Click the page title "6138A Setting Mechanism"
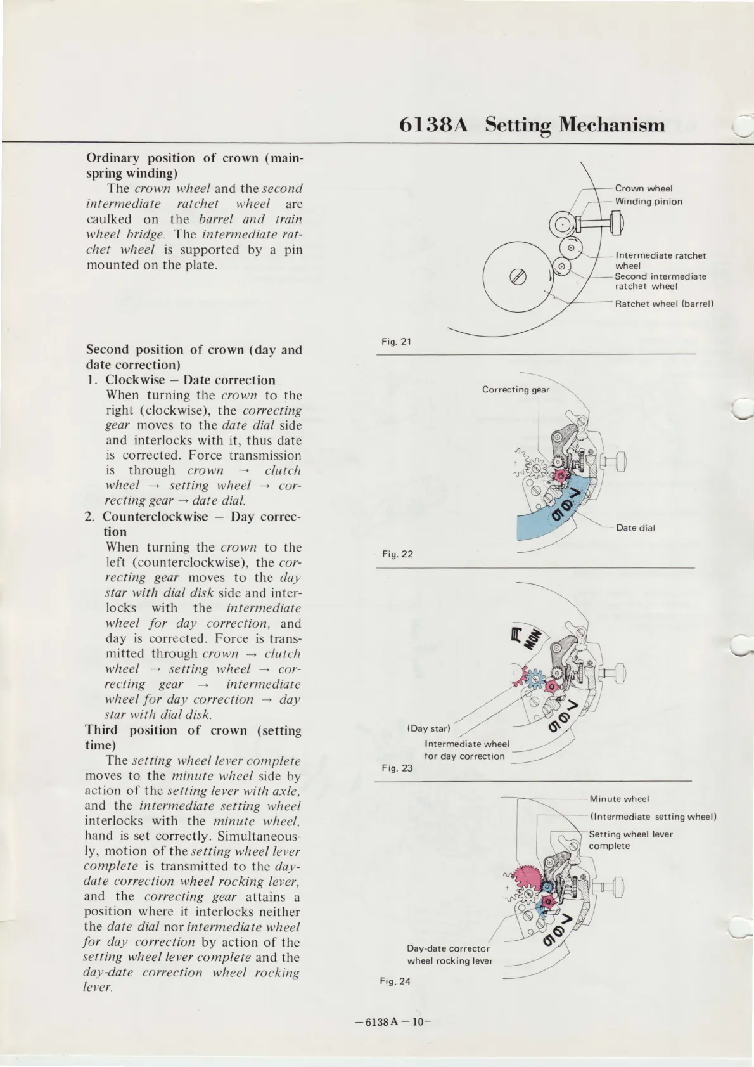[x=532, y=125]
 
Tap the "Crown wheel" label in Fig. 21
[x=644, y=188]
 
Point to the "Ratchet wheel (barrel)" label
[x=665, y=304]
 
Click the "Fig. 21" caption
[x=397, y=342]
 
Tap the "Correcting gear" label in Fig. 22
[x=516, y=389]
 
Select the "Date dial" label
[x=636, y=527]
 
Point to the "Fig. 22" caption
[x=397, y=554]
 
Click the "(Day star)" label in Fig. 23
[x=428, y=728]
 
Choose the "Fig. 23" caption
[x=397, y=768]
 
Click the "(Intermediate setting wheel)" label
[x=653, y=817]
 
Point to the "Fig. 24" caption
[x=395, y=981]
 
